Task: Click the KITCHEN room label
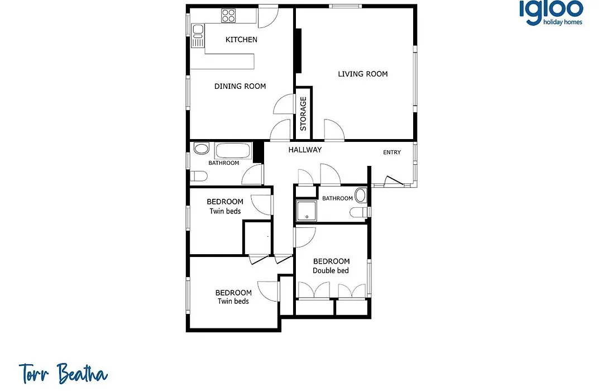coord(241,39)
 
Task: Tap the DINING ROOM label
coord(240,86)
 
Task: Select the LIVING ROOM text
coord(363,74)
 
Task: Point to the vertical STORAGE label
coord(303,113)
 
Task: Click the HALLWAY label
coord(305,150)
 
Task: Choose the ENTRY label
coord(392,152)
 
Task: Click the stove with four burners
coord(228,16)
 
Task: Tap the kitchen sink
coord(198,35)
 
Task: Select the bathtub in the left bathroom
coord(233,151)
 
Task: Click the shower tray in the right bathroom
coord(307,211)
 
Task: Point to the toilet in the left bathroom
coord(198,177)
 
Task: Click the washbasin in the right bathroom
coord(360,195)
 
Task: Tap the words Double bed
coord(331,270)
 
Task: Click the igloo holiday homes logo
coord(551,13)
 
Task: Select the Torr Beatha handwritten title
coord(64,373)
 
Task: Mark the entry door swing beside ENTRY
coord(394,180)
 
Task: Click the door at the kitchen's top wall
coord(267,17)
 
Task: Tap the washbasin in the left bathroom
coord(201,148)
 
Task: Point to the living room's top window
coord(345,6)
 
